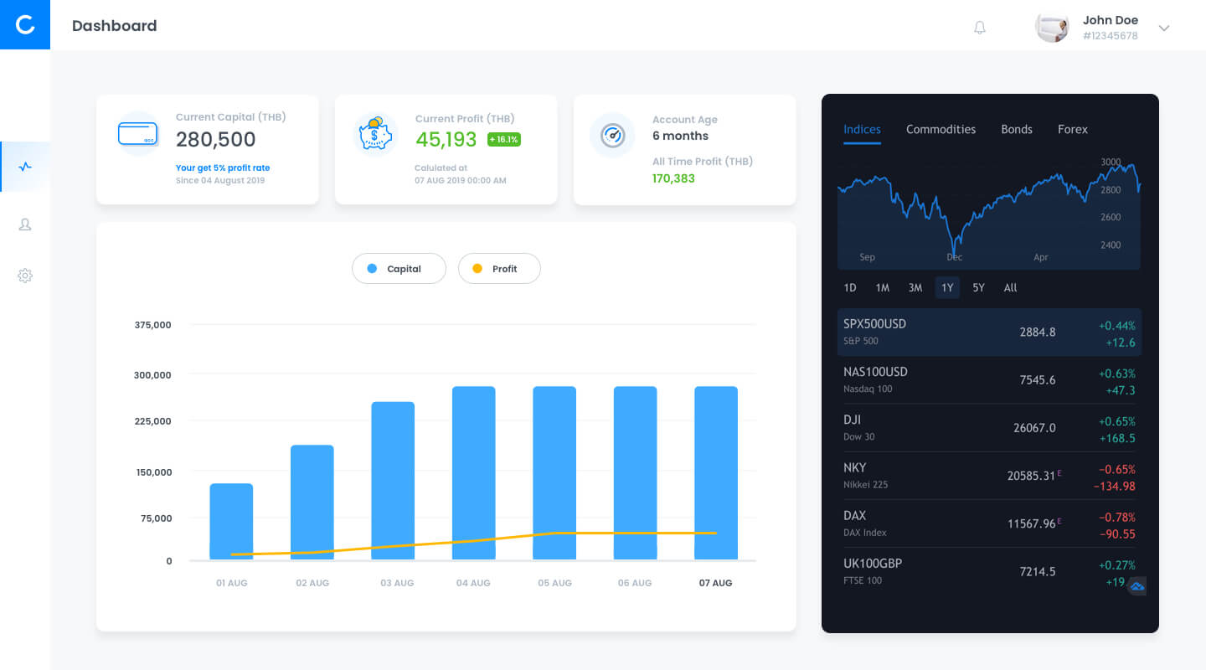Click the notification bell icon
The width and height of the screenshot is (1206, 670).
coord(979,28)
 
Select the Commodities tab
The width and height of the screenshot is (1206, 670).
coord(941,129)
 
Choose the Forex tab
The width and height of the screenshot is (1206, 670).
coord(1073,129)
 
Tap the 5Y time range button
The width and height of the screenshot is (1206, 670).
coord(978,287)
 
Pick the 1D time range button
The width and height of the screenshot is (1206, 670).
coord(849,287)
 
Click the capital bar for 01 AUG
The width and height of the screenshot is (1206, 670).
coord(231,522)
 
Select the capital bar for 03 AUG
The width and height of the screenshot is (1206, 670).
coord(393,481)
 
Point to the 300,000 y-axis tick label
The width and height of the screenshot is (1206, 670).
coord(152,375)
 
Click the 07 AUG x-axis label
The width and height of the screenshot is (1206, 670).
coord(715,583)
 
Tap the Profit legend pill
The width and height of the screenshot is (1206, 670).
coord(499,268)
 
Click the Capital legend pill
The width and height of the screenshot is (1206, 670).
coord(399,268)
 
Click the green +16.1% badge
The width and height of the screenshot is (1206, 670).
coord(504,140)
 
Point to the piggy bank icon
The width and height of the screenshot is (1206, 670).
coord(375,133)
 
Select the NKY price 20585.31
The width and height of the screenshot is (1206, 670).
coord(1030,476)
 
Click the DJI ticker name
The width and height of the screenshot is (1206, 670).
coord(852,420)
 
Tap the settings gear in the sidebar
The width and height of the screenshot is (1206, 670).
coord(25,276)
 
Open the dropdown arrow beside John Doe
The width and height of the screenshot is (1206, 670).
coord(1164,28)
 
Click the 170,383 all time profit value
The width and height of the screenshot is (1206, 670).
coord(673,178)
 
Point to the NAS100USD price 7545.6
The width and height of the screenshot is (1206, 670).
coord(1038,380)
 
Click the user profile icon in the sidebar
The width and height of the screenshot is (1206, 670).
coord(25,224)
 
